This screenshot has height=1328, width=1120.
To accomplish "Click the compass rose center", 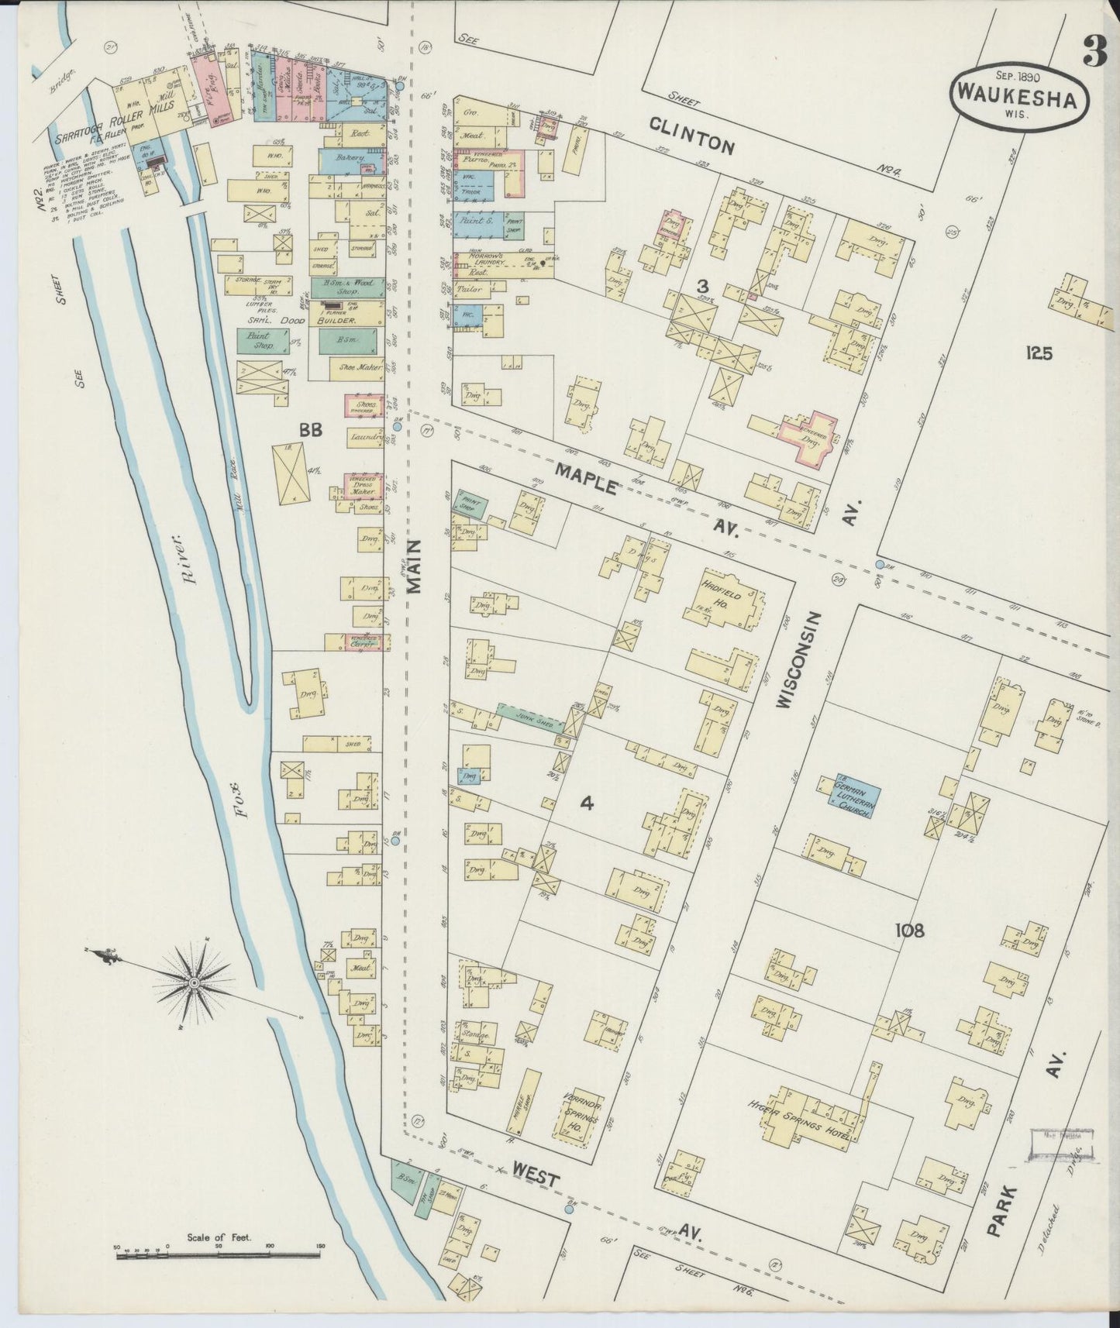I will [195, 983].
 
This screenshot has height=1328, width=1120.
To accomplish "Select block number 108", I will [908, 931].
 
